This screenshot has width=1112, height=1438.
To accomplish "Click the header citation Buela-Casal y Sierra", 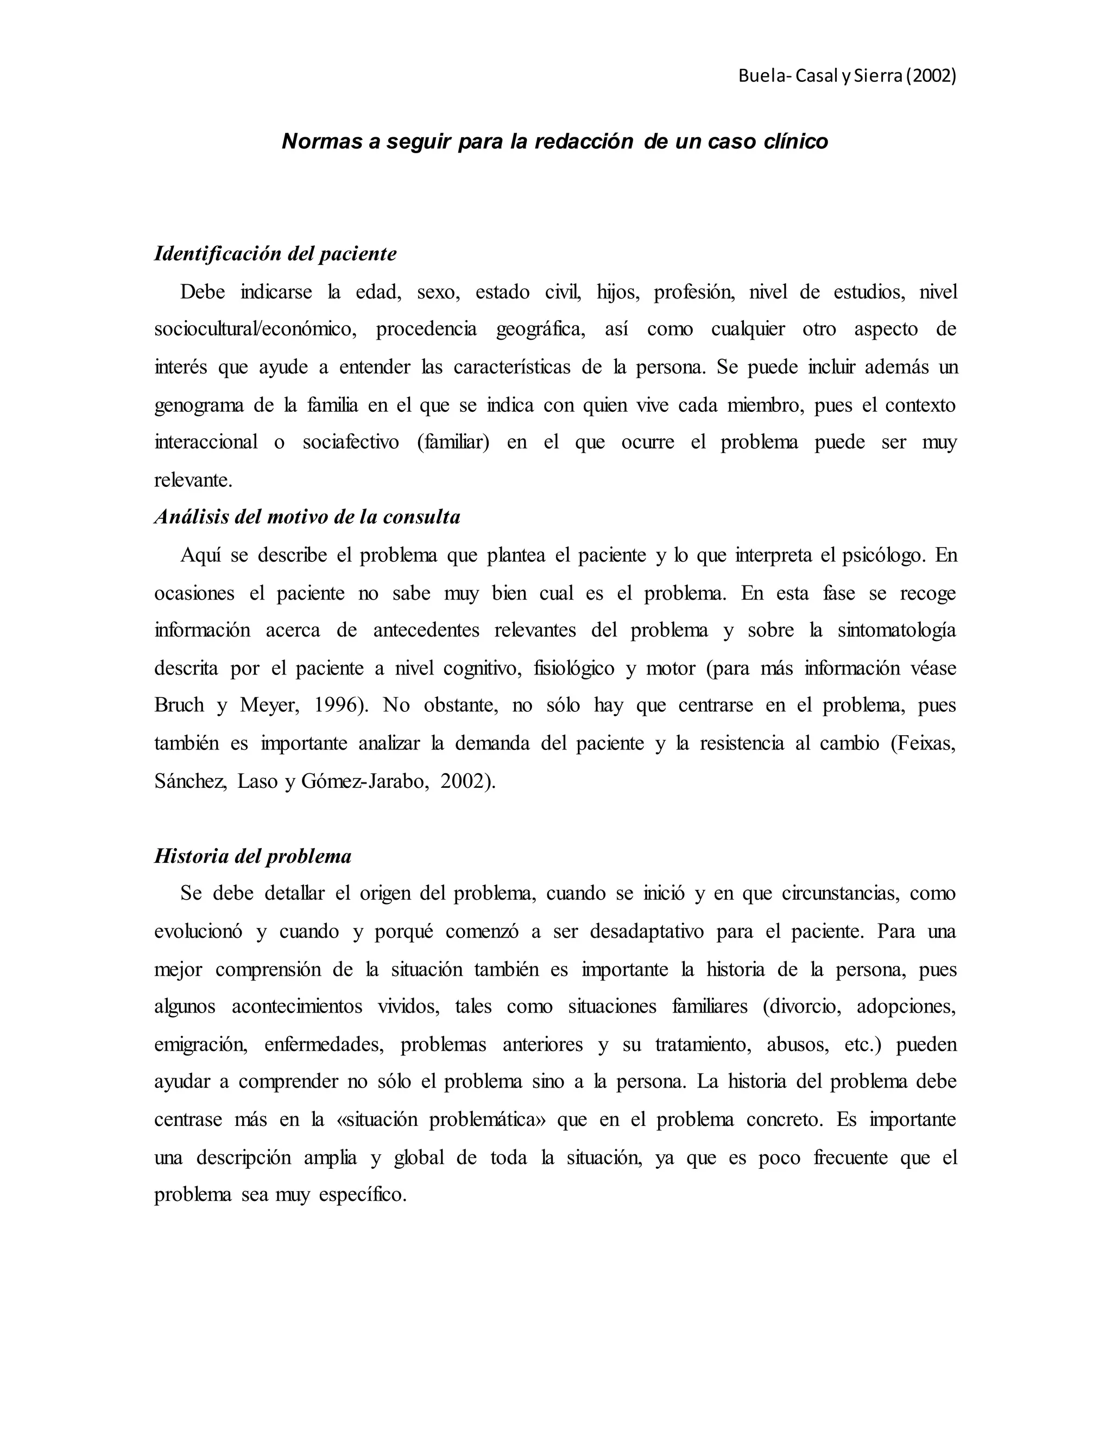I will tap(846, 77).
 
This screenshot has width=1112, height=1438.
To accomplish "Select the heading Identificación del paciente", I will tap(275, 253).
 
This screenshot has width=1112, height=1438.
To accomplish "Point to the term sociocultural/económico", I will tap(256, 329).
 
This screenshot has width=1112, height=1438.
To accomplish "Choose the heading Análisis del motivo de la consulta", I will tap(307, 517).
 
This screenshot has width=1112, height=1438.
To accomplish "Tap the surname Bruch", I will tap(179, 705).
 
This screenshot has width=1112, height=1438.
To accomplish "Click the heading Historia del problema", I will tap(253, 856).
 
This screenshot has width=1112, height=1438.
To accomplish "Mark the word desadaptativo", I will tap(645, 932).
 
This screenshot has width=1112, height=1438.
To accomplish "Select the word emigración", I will tap(201, 1045).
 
